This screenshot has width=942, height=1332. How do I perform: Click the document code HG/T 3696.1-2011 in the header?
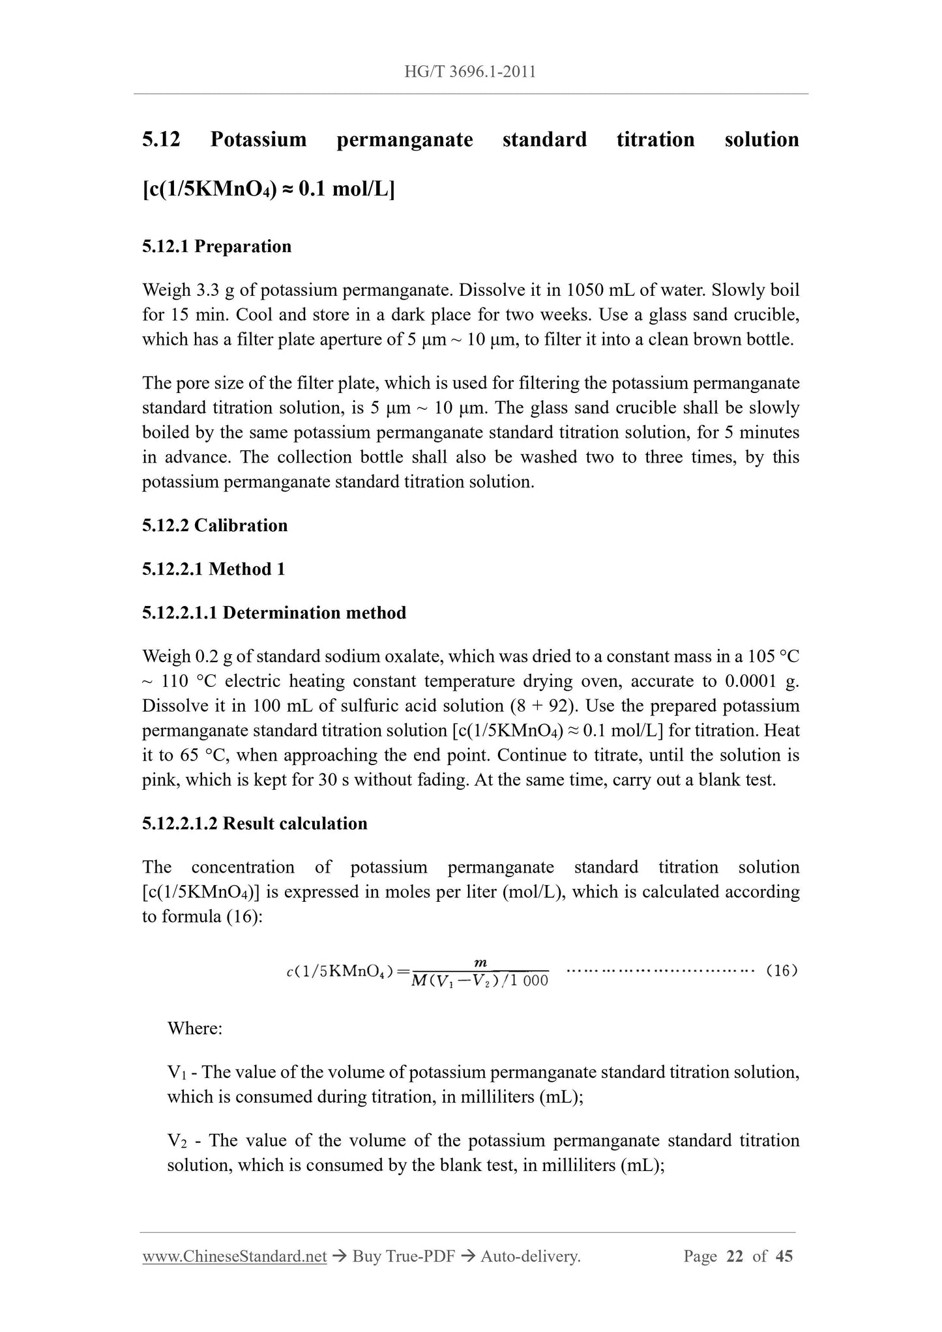(470, 72)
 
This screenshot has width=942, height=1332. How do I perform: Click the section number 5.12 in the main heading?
(161, 139)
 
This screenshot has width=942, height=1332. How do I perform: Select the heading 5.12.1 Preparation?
(216, 247)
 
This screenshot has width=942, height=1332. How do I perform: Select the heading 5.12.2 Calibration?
(214, 526)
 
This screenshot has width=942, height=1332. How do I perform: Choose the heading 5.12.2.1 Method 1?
(213, 570)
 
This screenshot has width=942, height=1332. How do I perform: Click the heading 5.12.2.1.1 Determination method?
(274, 613)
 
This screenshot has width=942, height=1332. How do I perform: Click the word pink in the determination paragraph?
(160, 781)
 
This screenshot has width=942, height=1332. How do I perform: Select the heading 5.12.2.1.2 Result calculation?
(254, 824)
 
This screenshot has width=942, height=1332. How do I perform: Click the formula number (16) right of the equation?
(782, 972)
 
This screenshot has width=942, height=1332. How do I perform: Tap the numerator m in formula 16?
(480, 963)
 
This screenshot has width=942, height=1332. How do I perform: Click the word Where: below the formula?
(195, 1029)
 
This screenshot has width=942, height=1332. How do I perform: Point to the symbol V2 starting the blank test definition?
(177, 1141)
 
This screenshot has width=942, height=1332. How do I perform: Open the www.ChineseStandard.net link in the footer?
(234, 1256)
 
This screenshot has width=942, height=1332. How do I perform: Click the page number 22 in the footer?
(735, 1256)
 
